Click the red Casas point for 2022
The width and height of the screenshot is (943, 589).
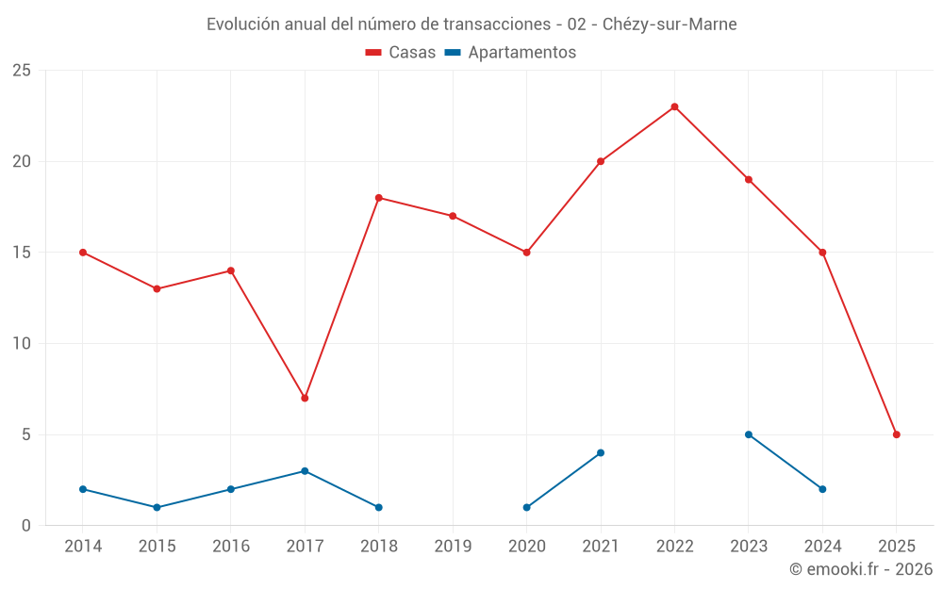point(674,106)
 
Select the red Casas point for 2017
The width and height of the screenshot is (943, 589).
point(305,398)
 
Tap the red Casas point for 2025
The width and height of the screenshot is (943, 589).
point(897,434)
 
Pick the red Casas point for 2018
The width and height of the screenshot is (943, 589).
point(378,198)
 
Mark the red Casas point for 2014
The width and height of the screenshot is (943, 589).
point(83,253)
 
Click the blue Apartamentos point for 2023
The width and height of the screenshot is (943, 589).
point(749,434)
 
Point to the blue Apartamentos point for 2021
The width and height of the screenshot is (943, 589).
point(601,452)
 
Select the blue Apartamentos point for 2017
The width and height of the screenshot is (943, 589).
point(305,471)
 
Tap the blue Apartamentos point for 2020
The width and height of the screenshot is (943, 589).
point(526,507)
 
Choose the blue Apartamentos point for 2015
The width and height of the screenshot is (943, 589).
point(157,507)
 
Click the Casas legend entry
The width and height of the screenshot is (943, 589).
point(401,53)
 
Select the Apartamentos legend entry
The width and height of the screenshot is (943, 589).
point(510,53)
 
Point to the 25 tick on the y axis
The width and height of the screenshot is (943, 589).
point(22,71)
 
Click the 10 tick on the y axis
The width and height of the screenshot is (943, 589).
point(22,344)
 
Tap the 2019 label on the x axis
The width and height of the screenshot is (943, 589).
point(453,547)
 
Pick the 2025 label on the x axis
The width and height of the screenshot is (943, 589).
point(897,547)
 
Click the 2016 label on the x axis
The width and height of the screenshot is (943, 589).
point(231,547)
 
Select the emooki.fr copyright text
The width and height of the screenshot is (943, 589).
point(861,569)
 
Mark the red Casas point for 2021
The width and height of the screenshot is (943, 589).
point(601,161)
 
